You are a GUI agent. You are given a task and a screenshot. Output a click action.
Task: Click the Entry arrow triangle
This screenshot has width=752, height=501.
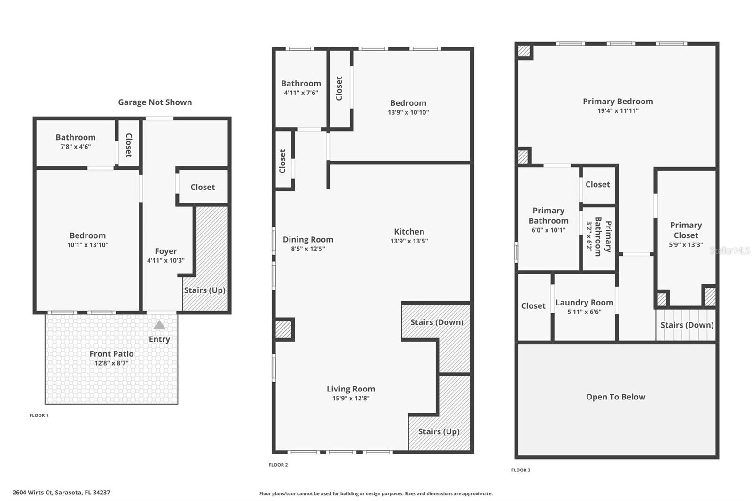(x=159, y=325)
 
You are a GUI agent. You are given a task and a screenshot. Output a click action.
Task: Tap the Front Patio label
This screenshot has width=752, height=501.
(x=111, y=354)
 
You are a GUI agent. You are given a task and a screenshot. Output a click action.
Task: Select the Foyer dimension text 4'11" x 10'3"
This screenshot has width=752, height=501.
(x=165, y=260)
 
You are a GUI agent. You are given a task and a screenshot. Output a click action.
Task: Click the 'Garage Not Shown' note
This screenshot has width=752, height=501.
(x=155, y=102)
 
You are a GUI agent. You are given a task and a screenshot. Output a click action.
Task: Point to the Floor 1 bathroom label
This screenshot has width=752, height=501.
(x=75, y=137)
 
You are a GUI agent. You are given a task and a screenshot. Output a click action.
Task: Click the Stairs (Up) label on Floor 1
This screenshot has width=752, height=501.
(x=204, y=290)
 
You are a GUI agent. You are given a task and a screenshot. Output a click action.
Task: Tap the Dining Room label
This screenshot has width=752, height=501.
(x=308, y=239)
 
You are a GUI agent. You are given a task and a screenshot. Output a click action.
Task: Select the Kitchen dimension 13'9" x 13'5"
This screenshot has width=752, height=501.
(x=409, y=241)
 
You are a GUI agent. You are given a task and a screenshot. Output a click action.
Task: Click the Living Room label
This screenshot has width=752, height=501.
(x=351, y=389)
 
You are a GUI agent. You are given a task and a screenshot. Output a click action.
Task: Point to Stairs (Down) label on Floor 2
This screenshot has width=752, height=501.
(x=437, y=322)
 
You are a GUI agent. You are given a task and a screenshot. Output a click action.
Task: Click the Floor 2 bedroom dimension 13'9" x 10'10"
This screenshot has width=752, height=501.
(x=408, y=112)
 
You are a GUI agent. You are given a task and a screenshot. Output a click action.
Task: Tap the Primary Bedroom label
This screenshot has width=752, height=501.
(x=618, y=101)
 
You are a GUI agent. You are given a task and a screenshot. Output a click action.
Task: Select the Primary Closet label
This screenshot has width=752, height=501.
(x=686, y=230)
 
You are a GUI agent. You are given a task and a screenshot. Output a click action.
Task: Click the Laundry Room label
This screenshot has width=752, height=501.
(x=584, y=302)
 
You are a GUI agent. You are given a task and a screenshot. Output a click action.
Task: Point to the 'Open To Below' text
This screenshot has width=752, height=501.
(x=615, y=397)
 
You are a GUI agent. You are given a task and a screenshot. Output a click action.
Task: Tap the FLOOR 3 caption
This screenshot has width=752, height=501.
(x=521, y=470)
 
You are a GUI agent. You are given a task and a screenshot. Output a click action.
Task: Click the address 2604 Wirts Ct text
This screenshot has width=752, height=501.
(x=61, y=493)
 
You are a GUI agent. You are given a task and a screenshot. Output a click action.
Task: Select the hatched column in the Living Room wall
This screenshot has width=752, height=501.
(x=283, y=329)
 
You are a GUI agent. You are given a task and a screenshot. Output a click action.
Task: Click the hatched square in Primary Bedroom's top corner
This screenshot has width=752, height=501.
(x=524, y=51)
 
